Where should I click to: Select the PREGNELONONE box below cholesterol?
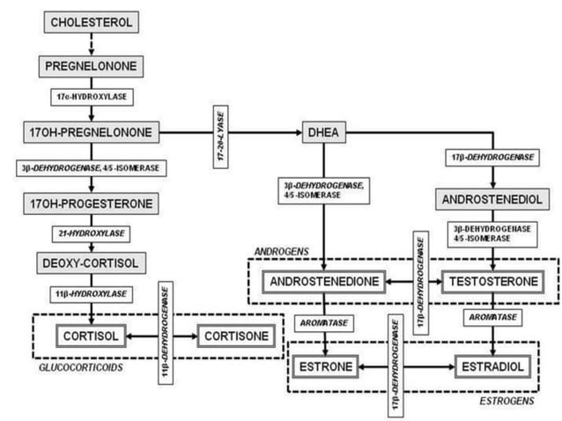pyautogui.click(x=91, y=65)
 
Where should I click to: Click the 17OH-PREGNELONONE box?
pyautogui.click(x=91, y=134)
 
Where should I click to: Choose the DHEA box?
pyautogui.click(x=324, y=134)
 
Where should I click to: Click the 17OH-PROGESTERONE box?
pyautogui.click(x=92, y=203)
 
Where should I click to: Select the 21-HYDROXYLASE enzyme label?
pyautogui.click(x=92, y=233)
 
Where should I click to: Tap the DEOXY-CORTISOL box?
pyautogui.click(x=92, y=262)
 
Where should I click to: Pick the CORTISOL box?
pyautogui.click(x=91, y=335)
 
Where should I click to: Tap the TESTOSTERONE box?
pyautogui.click(x=492, y=283)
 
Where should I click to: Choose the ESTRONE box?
pyautogui.click(x=325, y=366)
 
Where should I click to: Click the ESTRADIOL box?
pyautogui.click(x=492, y=366)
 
